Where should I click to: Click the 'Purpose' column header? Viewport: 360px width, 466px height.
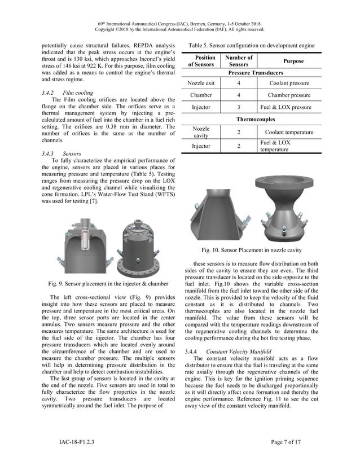click(x=292, y=61)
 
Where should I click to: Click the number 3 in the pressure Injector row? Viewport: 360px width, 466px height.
click(x=238, y=107)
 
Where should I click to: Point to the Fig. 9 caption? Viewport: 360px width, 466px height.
click(x=108, y=283)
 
